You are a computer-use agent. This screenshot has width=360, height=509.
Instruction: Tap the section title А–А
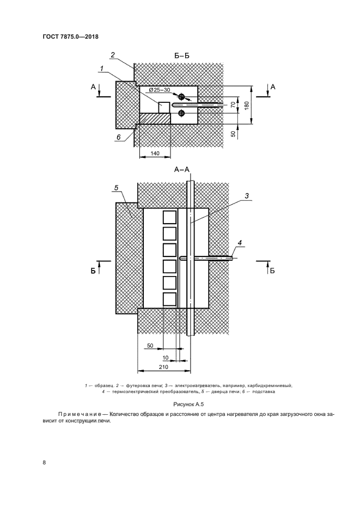[x=181, y=170]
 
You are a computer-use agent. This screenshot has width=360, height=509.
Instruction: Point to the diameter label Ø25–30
[x=160, y=90]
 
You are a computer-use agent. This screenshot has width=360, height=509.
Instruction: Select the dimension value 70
[x=232, y=105]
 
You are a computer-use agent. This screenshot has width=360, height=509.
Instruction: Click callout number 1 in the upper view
[x=102, y=68]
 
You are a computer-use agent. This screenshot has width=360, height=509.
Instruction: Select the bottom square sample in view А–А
[x=169, y=299]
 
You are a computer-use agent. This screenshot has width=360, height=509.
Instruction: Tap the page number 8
[x=44, y=463]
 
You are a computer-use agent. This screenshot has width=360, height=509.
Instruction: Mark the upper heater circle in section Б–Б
[x=181, y=97]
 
